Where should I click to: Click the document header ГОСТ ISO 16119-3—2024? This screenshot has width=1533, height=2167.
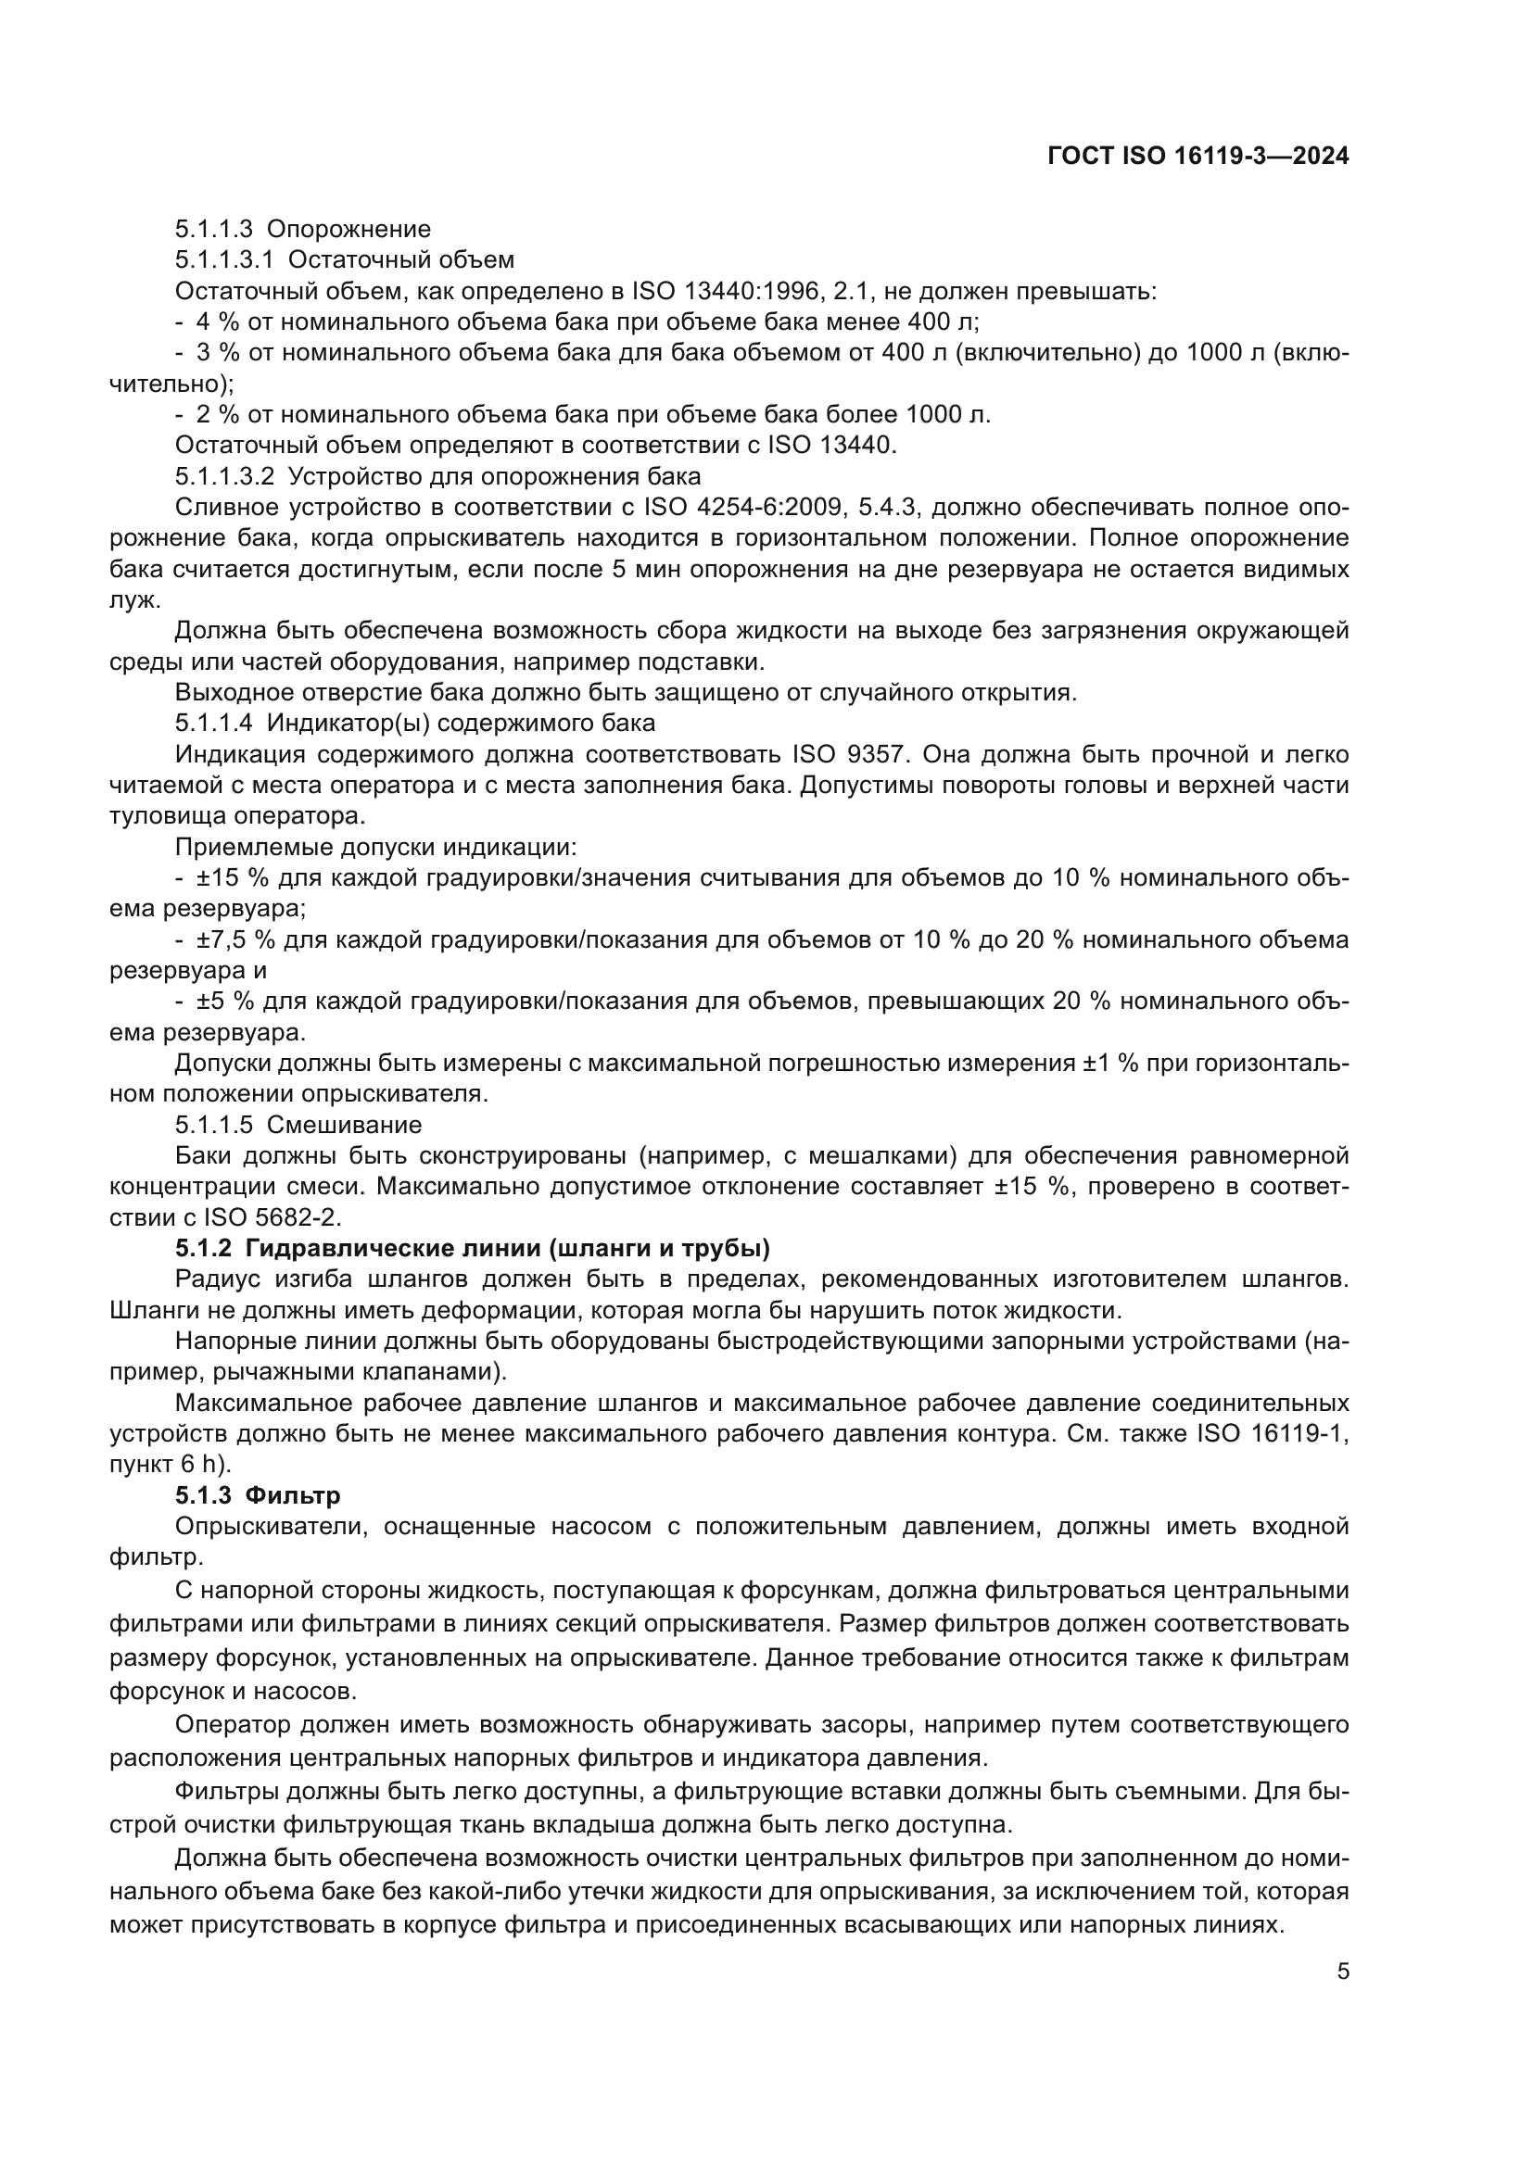click(1197, 156)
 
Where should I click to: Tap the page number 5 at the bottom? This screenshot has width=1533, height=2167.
click(1342, 1972)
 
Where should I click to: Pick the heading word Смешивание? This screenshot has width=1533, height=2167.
click(344, 1125)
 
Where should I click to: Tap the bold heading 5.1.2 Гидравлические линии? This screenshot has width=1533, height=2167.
click(472, 1249)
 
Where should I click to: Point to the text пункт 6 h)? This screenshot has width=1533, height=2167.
click(170, 1465)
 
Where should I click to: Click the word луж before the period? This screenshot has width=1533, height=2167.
click(133, 600)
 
